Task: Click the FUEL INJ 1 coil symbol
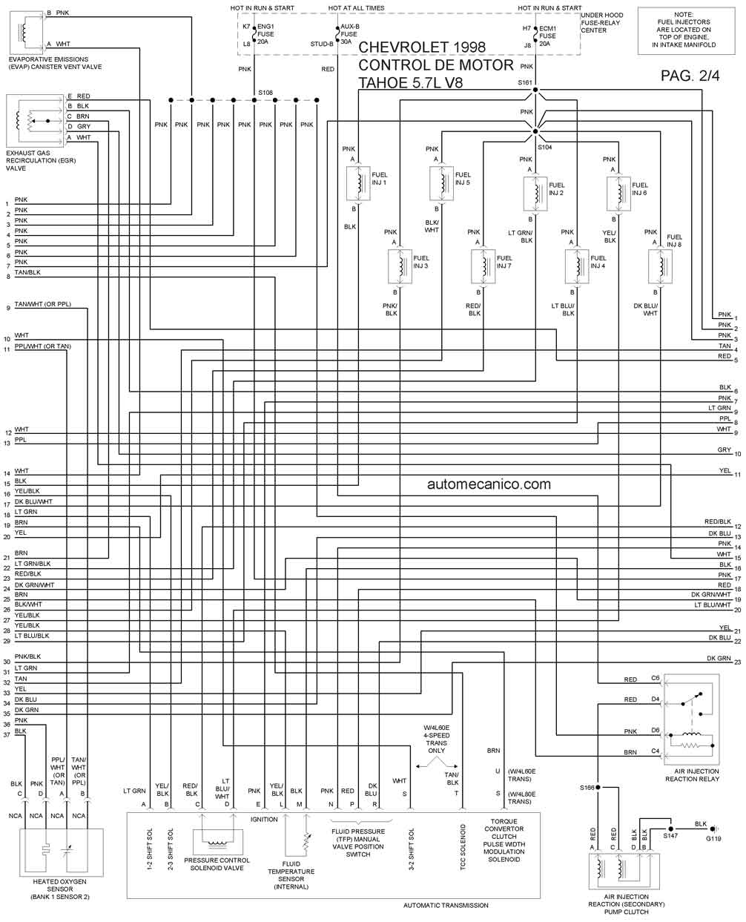[x=358, y=183]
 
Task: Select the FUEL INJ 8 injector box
[x=660, y=266]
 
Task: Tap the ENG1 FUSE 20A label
[x=265, y=34]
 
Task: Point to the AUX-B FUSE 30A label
[x=349, y=34]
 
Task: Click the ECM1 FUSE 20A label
[x=547, y=36]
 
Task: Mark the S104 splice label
[x=545, y=147]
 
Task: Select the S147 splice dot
[x=670, y=829]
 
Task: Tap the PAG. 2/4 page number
[x=690, y=76]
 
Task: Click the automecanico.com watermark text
[x=489, y=484]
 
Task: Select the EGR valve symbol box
[x=35, y=121]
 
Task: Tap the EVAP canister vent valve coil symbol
[x=24, y=30]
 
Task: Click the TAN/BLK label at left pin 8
[x=27, y=272]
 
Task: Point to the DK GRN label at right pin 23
[x=719, y=659]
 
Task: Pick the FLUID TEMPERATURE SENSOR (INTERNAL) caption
[x=291, y=875]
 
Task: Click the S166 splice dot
[x=598, y=788]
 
